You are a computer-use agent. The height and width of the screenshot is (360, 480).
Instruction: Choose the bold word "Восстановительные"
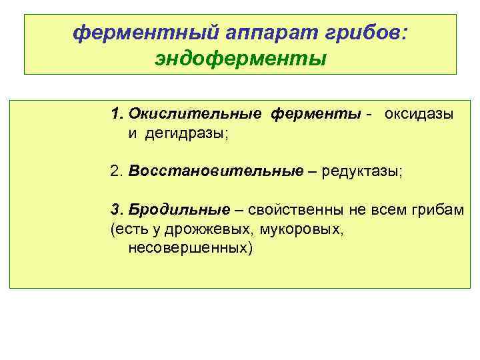[x=215, y=171]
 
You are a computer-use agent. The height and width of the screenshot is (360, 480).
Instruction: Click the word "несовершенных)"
[x=191, y=249]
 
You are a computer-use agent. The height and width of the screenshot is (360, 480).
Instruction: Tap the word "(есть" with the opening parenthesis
[x=125, y=229]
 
